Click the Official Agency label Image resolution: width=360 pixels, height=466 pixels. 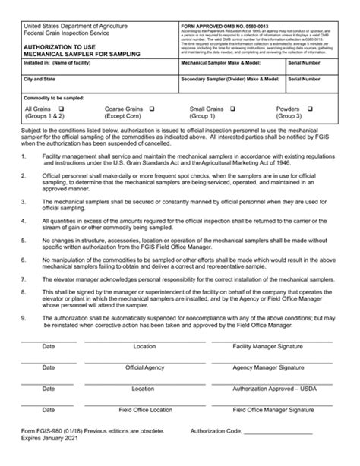pyautogui.click(x=144, y=367)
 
